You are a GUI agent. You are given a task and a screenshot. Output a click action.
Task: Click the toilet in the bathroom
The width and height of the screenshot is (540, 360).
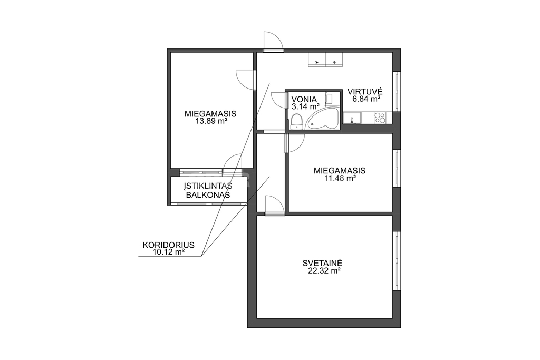(296, 122)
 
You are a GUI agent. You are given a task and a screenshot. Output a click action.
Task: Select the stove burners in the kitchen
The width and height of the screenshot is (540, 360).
(380, 118)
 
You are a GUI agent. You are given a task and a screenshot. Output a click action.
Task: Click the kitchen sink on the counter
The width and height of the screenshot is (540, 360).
(352, 118)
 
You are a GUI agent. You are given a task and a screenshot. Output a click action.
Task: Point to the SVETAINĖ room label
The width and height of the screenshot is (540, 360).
(322, 263)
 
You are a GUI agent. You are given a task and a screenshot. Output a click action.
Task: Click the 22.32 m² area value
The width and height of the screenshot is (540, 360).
(324, 271)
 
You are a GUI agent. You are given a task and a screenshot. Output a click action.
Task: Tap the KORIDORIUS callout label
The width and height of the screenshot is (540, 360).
(168, 245)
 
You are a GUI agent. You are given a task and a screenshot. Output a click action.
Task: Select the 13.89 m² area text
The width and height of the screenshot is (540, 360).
(211, 121)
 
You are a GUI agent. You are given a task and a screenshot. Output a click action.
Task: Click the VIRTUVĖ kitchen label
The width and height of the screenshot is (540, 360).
(365, 92)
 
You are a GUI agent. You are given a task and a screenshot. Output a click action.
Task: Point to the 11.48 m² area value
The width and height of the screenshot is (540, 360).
(340, 178)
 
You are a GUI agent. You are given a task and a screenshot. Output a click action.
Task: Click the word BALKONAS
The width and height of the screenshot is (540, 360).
(208, 195)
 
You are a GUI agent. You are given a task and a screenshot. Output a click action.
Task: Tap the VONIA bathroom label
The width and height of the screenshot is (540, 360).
(304, 99)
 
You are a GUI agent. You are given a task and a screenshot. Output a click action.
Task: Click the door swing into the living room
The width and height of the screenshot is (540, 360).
(274, 205)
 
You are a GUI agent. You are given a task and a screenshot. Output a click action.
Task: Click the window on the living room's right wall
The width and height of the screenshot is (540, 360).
(397, 261)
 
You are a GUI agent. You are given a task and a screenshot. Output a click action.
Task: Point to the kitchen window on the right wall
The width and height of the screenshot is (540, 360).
(397, 91)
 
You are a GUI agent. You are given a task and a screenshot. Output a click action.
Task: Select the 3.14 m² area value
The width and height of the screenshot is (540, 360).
(305, 106)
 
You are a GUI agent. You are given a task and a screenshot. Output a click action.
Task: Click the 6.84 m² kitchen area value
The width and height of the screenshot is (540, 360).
(366, 99)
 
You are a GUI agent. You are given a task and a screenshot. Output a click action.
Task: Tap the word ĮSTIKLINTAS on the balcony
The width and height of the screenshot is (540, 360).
(208, 186)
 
